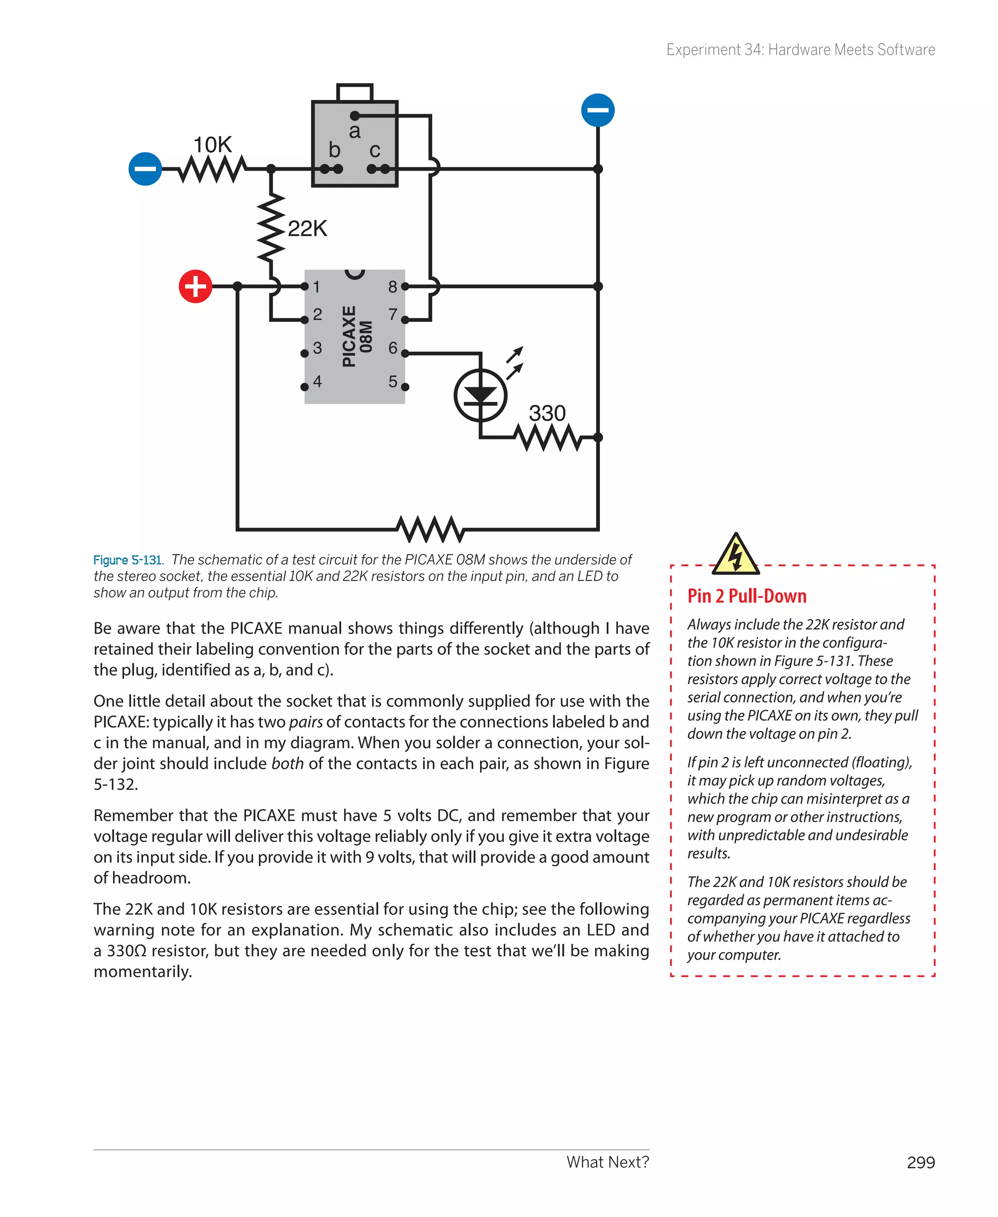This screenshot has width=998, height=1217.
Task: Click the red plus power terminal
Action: pyautogui.click(x=195, y=286)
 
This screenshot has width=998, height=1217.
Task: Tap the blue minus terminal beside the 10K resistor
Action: pyautogui.click(x=145, y=169)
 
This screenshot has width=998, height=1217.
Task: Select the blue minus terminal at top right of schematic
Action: pyautogui.click(x=598, y=110)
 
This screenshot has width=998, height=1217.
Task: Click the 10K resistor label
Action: pyautogui.click(x=212, y=145)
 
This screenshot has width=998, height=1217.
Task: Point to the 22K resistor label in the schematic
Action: pyautogui.click(x=307, y=228)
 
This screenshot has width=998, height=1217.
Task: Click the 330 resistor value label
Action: pyautogui.click(x=547, y=413)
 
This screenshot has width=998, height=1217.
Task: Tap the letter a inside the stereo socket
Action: pyautogui.click(x=355, y=131)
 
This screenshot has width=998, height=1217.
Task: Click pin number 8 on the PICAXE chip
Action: pyautogui.click(x=393, y=286)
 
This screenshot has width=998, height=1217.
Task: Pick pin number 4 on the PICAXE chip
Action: pyautogui.click(x=317, y=381)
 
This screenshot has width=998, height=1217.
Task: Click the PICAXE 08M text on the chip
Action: pyautogui.click(x=356, y=336)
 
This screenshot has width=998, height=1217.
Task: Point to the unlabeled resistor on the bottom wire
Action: pyautogui.click(x=430, y=529)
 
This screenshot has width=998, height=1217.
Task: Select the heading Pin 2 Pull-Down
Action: pyautogui.click(x=746, y=596)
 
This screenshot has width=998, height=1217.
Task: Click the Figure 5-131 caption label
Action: pyautogui.click(x=128, y=560)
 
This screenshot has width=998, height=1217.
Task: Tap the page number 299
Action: pyautogui.click(x=921, y=1162)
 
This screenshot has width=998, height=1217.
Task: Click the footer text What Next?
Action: pyautogui.click(x=607, y=1162)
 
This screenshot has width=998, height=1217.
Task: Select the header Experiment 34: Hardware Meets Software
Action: pyautogui.click(x=800, y=50)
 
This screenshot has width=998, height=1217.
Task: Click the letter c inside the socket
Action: pyautogui.click(x=375, y=150)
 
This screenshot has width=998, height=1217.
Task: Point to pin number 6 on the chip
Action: pyautogui.click(x=393, y=347)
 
